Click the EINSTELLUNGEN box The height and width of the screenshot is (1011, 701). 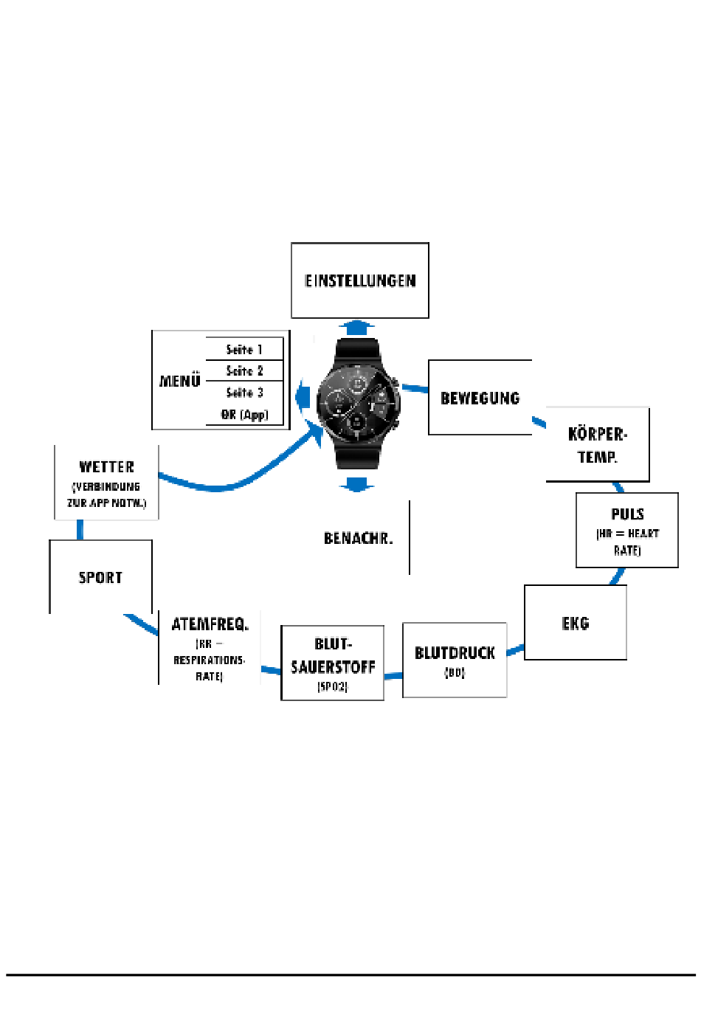coord(360,280)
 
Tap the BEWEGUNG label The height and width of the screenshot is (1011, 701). coord(480,398)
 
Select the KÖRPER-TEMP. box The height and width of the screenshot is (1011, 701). coord(598,445)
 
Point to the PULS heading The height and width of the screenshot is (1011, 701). coord(627,514)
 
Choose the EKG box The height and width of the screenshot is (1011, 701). coord(576,624)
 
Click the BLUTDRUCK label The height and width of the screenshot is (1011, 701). coord(455,653)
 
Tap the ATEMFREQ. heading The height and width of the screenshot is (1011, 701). coord(210,624)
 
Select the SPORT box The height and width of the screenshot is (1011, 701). coord(100,578)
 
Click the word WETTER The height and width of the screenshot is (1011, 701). coord(107,467)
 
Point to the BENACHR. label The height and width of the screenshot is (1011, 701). coord(358,539)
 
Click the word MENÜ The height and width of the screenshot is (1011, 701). coord(180,382)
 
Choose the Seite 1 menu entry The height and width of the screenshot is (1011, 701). coord(244,350)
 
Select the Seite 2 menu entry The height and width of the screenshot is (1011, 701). coord(244,371)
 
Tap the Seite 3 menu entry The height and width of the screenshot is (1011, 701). coord(244,393)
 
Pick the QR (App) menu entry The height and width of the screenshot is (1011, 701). coord(244,415)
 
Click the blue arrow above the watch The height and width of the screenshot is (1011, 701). coord(357,327)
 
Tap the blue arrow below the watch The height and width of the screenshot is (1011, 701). coord(357,484)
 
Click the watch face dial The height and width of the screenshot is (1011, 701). coord(358,402)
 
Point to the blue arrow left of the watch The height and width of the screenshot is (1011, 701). coord(303,396)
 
